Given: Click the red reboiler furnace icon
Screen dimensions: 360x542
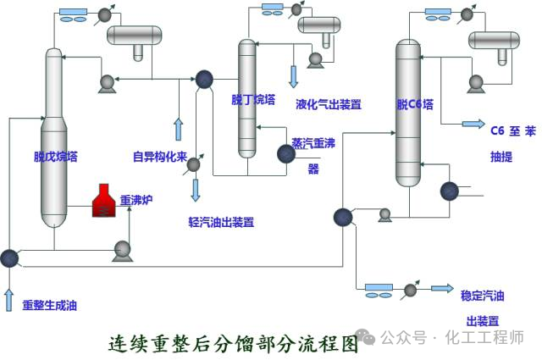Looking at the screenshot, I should pyautogui.click(x=104, y=200).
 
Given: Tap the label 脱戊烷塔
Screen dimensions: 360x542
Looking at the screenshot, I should pyautogui.click(x=56, y=156).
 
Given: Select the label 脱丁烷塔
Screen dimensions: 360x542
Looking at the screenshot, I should pyautogui.click(x=253, y=99).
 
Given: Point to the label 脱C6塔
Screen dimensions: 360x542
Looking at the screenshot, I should pyautogui.click(x=415, y=105).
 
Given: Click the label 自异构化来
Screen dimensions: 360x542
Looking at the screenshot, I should pyautogui.click(x=159, y=156).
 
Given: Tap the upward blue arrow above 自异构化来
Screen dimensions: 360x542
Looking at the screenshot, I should pyautogui.click(x=178, y=130).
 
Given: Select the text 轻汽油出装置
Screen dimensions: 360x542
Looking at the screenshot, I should pyautogui.click(x=221, y=223).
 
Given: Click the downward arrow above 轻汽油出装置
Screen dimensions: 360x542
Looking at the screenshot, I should pyautogui.click(x=196, y=190).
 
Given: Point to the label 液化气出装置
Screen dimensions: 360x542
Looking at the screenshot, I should pyautogui.click(x=329, y=105).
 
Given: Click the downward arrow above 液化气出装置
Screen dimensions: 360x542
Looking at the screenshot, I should pyautogui.click(x=294, y=76).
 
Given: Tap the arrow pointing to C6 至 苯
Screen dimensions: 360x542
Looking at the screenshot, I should pyautogui.click(x=473, y=124).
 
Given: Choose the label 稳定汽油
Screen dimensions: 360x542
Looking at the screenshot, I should pyautogui.click(x=482, y=296).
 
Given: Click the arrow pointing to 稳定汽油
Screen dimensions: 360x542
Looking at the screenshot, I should pyautogui.click(x=442, y=289).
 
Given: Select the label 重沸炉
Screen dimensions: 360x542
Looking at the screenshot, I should pyautogui.click(x=135, y=201).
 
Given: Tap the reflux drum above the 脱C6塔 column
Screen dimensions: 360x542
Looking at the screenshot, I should pyautogui.click(x=495, y=40).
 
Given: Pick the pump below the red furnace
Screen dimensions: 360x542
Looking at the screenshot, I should pyautogui.click(x=122, y=250).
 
